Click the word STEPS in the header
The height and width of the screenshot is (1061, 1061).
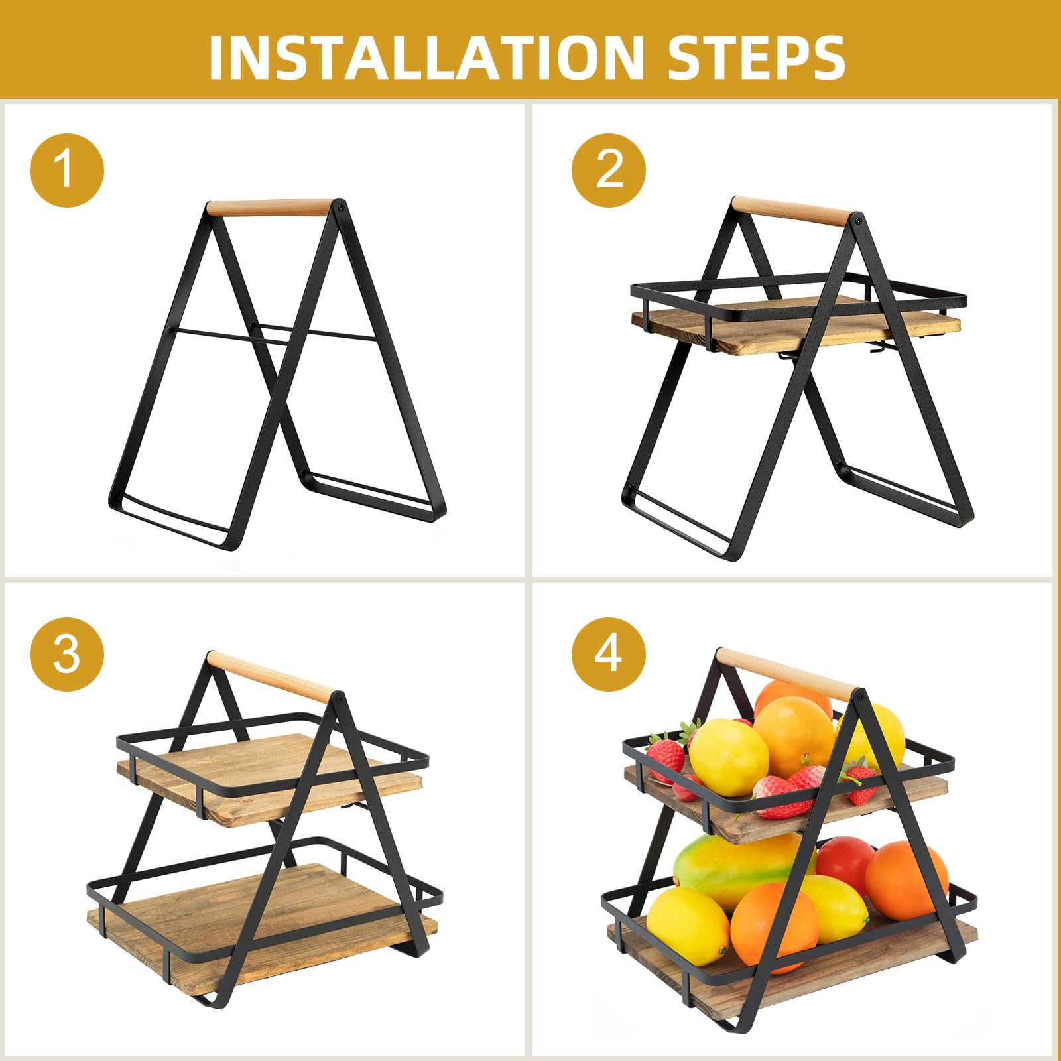click(x=757, y=57)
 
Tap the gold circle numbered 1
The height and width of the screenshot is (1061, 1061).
click(x=67, y=170)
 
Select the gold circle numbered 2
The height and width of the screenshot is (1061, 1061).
click(x=609, y=170)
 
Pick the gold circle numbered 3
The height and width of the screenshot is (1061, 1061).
click(x=67, y=655)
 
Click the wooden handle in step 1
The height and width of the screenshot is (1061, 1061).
click(x=269, y=208)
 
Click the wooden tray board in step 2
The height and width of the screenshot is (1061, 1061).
click(x=796, y=325)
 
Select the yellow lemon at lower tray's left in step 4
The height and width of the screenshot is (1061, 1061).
click(x=688, y=925)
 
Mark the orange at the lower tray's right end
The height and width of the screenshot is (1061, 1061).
click(x=906, y=881)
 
